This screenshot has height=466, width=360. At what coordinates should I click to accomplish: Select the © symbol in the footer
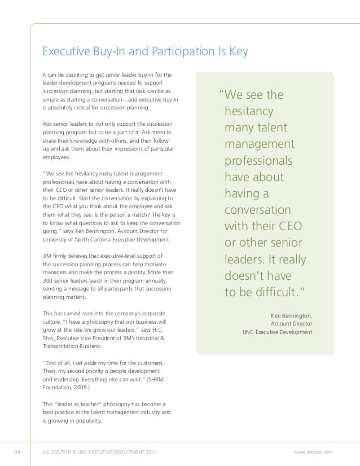[x=76, y=452]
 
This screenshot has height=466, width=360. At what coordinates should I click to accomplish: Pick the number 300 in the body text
[x=49, y=280]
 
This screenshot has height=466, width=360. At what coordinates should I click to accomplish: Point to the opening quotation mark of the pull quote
[x=221, y=94]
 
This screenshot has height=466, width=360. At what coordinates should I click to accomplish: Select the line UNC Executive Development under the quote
[x=277, y=332]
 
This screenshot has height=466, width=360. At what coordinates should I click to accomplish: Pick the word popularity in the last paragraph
[x=83, y=420]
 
